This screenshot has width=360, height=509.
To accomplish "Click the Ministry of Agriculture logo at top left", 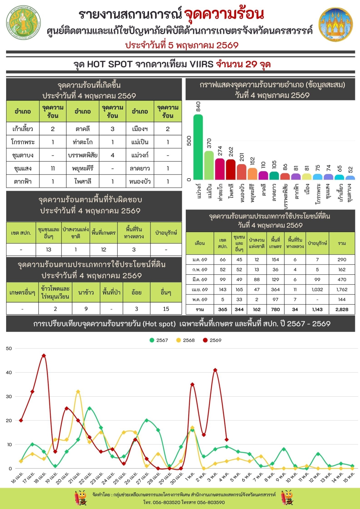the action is [23, 23].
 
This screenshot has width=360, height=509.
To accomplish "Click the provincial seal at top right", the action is [336, 24].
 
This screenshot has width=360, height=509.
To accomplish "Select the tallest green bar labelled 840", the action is [198, 147].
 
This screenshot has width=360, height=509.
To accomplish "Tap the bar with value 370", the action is [209, 165].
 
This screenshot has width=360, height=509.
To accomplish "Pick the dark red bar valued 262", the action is [231, 169].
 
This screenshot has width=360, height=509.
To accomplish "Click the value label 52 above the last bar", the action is [350, 170].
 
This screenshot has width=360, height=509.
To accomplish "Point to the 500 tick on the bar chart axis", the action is [189, 141].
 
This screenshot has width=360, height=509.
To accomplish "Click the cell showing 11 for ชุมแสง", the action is [53, 168].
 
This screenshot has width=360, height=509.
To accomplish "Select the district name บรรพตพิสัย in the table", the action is [83, 156].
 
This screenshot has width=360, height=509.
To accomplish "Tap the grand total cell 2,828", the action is [342, 309].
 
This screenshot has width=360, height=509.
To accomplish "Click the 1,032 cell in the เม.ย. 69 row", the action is [317, 289].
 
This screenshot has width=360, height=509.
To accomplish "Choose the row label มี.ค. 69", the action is [199, 279].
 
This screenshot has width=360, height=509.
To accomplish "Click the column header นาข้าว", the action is [86, 292].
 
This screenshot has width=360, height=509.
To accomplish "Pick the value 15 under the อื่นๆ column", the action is [166, 309].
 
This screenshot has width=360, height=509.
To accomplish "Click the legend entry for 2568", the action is [185, 340].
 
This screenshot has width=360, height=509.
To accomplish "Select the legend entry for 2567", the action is [159, 340].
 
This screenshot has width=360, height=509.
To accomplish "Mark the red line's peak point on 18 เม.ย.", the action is [44, 356].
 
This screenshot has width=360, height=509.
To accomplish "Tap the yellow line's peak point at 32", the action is [78, 392].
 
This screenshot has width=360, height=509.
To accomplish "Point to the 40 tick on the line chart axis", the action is [9, 373].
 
